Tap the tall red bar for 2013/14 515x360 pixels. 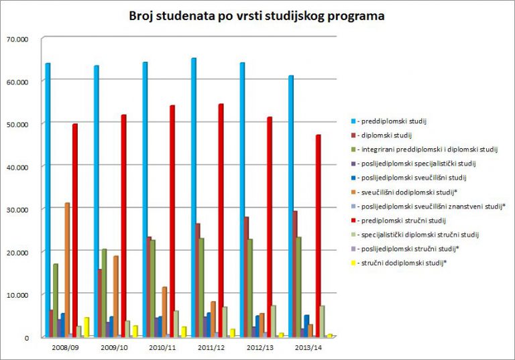pyautogui.click(x=319, y=235)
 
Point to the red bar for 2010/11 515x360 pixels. pyautogui.click(x=172, y=221)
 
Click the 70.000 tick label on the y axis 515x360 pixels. pyautogui.click(x=19, y=39)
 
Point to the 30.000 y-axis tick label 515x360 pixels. pyautogui.click(x=19, y=209)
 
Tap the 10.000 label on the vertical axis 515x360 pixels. pyautogui.click(x=19, y=294)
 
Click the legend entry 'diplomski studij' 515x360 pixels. pyautogui.click(x=385, y=135)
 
